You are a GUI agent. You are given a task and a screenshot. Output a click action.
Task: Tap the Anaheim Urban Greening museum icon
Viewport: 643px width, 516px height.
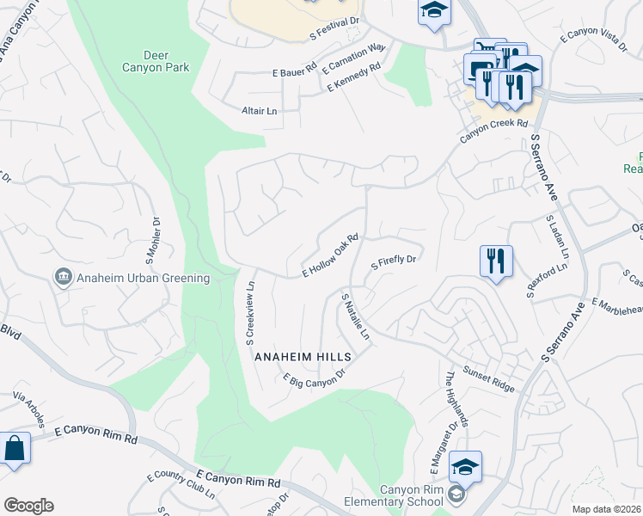pos(64,278)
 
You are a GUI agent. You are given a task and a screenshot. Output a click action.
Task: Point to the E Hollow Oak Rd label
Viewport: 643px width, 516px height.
pos(329,256)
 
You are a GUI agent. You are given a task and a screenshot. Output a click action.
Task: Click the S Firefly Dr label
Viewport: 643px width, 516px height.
pos(393,261)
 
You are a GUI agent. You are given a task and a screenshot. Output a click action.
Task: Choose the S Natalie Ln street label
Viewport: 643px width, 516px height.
pos(355,316)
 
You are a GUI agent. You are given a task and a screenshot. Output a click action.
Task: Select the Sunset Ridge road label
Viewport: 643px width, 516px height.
pos(490,378)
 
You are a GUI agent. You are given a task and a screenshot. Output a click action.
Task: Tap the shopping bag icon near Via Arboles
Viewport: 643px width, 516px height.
pos(15,449)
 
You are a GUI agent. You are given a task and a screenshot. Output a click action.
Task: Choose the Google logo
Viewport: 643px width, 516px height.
pos(28,506)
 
